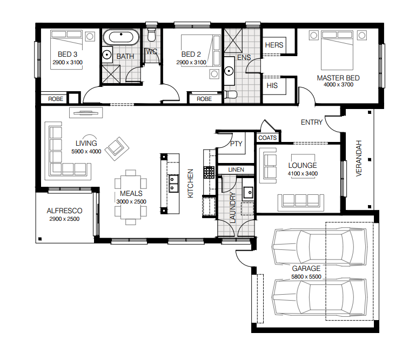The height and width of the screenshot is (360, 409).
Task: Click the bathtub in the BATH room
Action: click(121, 37)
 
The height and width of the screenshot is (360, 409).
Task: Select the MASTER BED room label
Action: click(338, 78)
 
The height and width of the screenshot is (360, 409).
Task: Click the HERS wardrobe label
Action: click(274, 45)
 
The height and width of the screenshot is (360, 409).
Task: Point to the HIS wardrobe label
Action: click(272, 85)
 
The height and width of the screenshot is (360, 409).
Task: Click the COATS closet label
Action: click(267, 138)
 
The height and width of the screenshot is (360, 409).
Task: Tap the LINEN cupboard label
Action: click(236, 169)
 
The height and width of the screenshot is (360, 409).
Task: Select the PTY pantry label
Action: click(236, 144)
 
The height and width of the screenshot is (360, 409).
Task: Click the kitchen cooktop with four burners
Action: click(209, 172)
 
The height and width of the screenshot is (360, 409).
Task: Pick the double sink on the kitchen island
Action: click(172, 184)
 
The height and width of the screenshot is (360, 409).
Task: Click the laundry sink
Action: click(248, 193)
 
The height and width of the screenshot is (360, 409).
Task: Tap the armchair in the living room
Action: click(117, 149)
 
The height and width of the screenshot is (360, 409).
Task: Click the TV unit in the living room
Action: click(86, 113)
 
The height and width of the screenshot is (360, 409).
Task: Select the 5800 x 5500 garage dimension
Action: click(306, 277)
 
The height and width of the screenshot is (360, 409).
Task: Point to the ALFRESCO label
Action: click(64, 210)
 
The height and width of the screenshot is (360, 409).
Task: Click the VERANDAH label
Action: click(359, 158)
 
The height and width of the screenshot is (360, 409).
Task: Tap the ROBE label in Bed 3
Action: click(56, 99)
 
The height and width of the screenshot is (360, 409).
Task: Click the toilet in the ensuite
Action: click(230, 94)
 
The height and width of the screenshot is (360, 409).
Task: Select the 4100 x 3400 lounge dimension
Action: click(303, 173)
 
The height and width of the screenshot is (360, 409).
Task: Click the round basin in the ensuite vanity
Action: click(229, 71)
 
